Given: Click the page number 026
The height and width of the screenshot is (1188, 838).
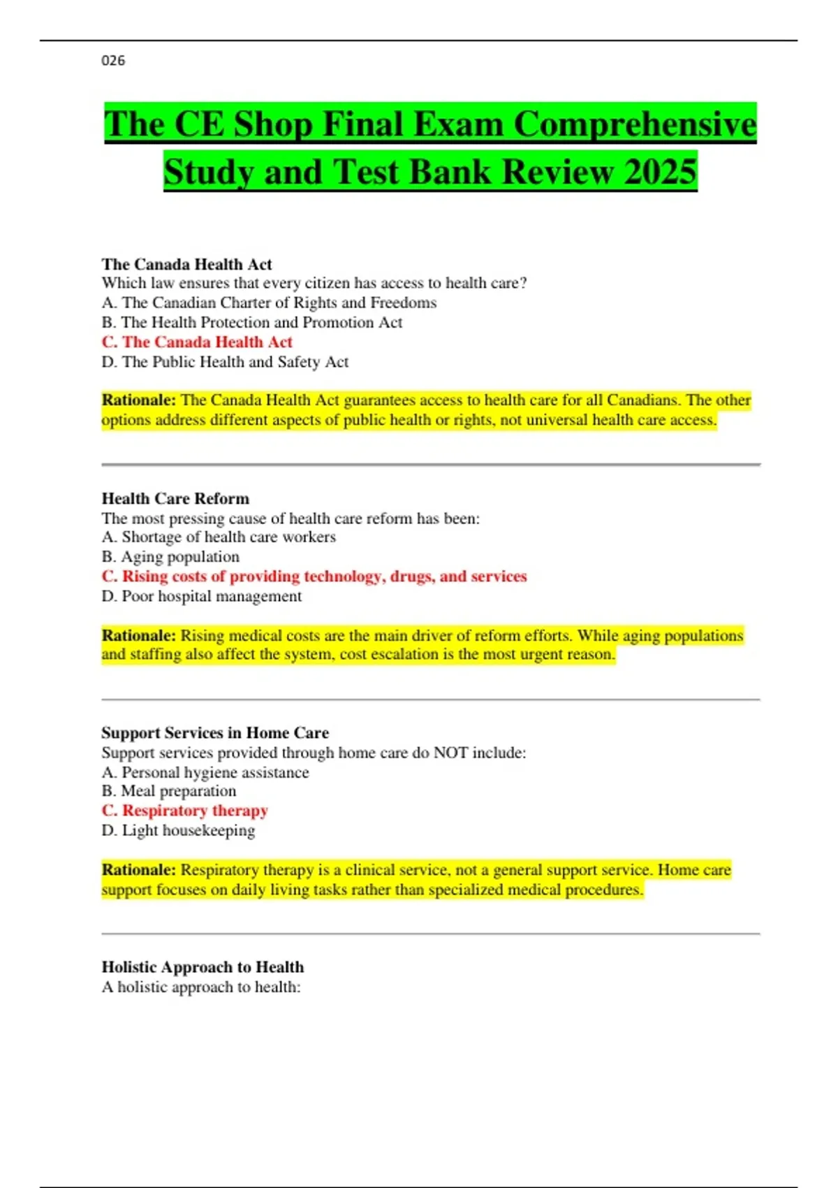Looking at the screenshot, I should (113, 61).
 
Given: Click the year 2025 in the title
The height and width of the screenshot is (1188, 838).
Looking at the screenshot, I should (660, 172).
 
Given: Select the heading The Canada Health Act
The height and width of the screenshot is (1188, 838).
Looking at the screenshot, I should (186, 264).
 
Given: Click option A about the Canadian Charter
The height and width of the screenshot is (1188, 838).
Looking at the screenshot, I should (269, 303).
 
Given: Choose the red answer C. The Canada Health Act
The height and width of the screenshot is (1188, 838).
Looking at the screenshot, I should (197, 342).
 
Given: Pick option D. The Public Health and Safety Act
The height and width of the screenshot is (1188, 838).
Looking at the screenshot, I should (225, 362).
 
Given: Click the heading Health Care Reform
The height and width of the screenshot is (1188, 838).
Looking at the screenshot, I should (175, 498).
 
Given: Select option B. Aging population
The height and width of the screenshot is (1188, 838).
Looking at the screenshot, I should (170, 557).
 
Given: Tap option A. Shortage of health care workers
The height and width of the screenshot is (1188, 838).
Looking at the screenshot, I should (219, 537).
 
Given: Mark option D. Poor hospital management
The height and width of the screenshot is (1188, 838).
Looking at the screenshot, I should (202, 596).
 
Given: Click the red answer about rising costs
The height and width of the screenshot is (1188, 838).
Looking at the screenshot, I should (314, 577).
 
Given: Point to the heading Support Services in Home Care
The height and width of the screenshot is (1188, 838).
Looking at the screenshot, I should (215, 732).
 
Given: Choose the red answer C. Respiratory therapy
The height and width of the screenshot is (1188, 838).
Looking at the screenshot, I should (185, 811).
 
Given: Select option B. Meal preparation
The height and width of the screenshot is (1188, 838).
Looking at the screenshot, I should (169, 791).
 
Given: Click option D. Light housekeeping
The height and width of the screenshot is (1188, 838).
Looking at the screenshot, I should (178, 830).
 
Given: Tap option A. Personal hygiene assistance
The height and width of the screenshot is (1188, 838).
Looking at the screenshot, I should (205, 772).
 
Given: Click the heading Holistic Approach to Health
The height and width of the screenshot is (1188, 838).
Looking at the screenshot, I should (203, 967).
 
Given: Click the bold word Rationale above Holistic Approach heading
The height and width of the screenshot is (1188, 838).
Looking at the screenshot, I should (138, 870).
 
